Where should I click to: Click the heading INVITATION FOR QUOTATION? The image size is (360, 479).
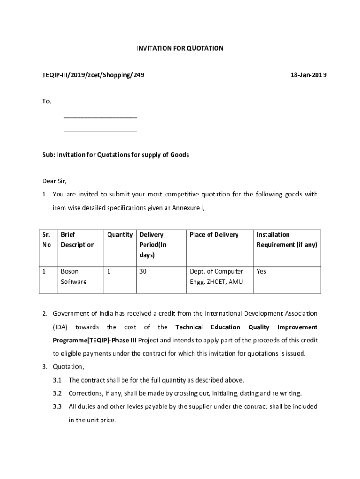[180, 48]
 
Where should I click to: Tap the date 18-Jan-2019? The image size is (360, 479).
[309, 75]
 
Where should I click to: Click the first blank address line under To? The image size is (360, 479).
[100, 117]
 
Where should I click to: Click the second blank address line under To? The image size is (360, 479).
[100, 131]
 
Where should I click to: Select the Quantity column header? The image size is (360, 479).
[120, 234]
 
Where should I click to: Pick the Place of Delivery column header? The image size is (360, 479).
[214, 234]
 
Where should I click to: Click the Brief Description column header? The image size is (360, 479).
[77, 239]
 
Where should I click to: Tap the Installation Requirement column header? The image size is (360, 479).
[287, 239]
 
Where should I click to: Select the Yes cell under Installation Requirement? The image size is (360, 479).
[261, 271]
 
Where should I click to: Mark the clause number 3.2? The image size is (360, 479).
[58, 393]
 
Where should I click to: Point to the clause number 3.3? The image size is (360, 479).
[58, 406]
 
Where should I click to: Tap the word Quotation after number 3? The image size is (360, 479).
[68, 366]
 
